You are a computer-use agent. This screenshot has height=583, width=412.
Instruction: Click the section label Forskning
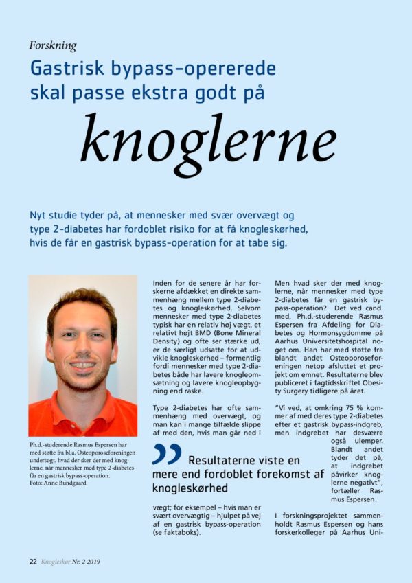[x=53, y=46]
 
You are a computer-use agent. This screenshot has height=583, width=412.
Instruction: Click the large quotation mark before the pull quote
[x=167, y=454]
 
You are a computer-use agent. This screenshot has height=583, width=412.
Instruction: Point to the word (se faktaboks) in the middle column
[x=181, y=531]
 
